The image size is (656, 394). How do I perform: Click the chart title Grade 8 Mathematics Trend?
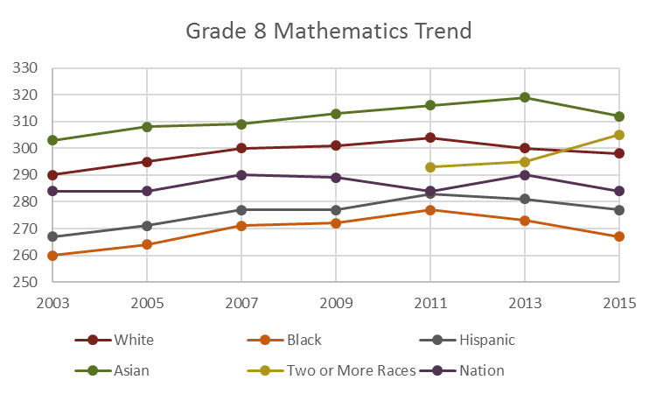coord(329,32)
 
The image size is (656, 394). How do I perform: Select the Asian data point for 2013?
coord(524,97)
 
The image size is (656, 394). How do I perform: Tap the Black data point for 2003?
coord(52,256)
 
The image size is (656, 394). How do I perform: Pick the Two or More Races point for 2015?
coord(618,135)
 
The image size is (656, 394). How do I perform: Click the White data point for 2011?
coord(429,137)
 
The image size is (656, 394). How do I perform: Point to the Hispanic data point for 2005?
coord(147,226)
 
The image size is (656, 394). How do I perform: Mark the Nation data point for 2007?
coord(241,175)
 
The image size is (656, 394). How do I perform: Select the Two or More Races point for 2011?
coord(429,167)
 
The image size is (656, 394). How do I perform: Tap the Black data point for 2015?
coord(618,236)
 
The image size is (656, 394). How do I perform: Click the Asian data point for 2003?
coord(52,140)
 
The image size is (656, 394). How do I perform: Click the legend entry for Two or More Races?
coord(350,370)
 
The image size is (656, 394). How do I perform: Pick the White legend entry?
coord(131,341)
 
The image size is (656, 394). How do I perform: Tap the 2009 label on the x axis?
coord(335,303)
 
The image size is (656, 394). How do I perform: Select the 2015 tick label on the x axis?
coord(618,303)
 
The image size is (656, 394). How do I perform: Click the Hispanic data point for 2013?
coord(524,199)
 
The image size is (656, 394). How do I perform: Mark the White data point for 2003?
coord(52,175)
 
